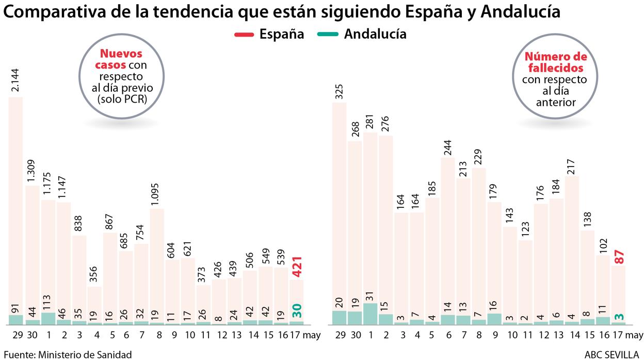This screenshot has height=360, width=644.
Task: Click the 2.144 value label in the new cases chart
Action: (15, 80)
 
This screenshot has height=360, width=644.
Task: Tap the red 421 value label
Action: (297, 267)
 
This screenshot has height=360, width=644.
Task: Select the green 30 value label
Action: (297, 310)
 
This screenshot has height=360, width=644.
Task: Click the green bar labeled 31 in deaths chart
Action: (370, 314)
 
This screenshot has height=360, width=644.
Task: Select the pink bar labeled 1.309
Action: (31, 253)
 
